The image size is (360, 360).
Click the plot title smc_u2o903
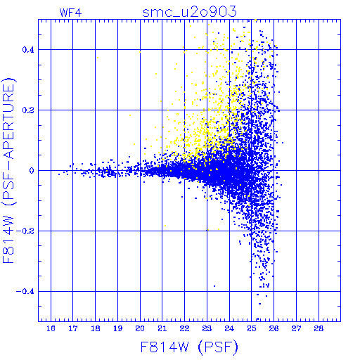point(189,12)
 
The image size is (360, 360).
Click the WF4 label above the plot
point(71,13)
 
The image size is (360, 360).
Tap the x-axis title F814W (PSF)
point(189,347)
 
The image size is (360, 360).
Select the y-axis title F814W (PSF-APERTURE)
point(9,170)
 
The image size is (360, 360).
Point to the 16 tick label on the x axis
point(51,328)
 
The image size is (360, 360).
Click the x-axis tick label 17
point(73,328)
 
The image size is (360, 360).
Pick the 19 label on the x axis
point(117,328)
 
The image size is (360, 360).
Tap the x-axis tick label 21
point(162,328)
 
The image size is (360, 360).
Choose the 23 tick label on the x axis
point(207,328)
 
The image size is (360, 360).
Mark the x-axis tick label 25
point(252,328)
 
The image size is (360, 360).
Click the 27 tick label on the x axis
point(296,328)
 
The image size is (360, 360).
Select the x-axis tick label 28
point(319,328)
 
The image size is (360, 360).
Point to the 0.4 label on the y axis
point(28,50)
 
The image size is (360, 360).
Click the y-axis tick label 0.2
point(28,110)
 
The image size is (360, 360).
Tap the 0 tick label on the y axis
point(32,171)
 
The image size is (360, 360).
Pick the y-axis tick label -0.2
point(25,231)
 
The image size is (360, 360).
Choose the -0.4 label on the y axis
point(25,292)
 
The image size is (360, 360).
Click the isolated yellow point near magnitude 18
point(98,58)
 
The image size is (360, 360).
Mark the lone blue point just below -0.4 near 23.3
point(214,286)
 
